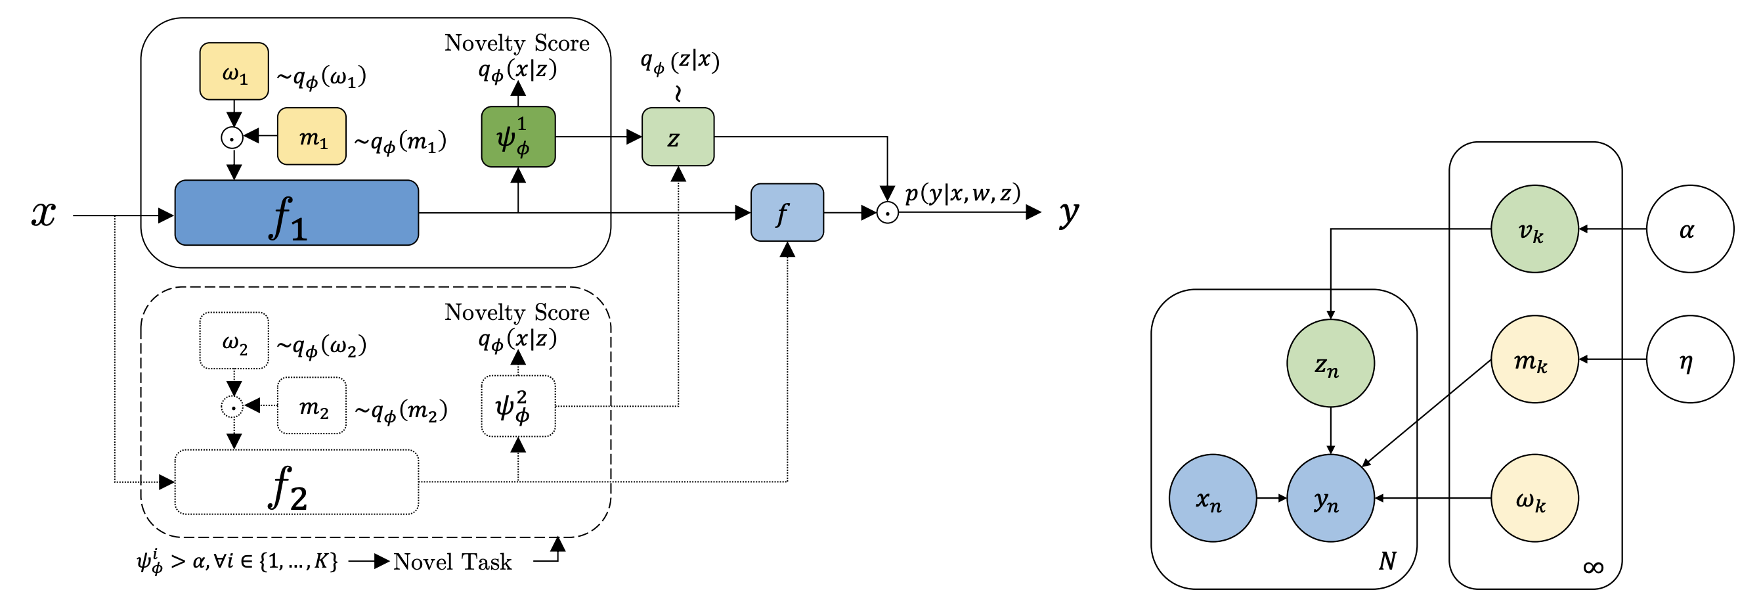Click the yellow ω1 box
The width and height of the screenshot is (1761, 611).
click(x=234, y=72)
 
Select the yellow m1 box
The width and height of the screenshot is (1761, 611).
click(x=312, y=136)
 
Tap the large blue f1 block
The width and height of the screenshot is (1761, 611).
click(x=296, y=213)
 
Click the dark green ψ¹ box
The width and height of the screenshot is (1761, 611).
click(x=518, y=137)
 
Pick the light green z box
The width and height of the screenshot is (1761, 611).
click(x=678, y=137)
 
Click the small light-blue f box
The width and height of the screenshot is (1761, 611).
click(x=787, y=213)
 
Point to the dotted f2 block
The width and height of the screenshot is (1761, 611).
click(x=296, y=482)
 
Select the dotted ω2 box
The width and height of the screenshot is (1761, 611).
click(x=234, y=341)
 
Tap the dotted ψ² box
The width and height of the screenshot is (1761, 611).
click(x=518, y=407)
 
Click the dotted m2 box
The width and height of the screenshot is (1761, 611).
click(x=312, y=406)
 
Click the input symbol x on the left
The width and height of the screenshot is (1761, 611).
click(x=44, y=214)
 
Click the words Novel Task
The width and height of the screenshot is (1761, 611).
click(x=452, y=562)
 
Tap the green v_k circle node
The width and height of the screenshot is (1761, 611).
click(x=1534, y=229)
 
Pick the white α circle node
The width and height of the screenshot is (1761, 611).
click(x=1690, y=229)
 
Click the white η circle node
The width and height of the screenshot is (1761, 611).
click(x=1690, y=359)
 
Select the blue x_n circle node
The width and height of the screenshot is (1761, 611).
click(x=1212, y=498)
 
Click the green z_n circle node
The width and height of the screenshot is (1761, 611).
click(x=1330, y=363)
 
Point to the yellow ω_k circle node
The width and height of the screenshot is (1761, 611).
click(x=1534, y=498)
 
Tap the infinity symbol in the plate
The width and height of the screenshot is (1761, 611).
click(x=1593, y=567)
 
